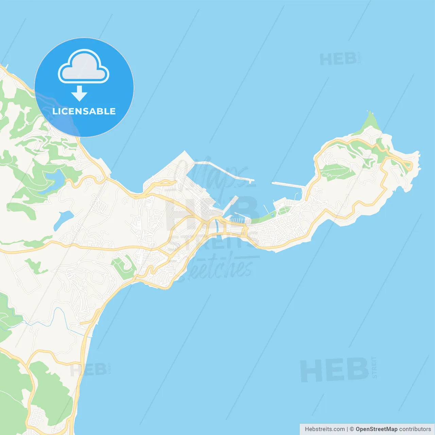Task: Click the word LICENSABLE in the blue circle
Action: coord(84,111)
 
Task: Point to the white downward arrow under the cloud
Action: coord(80,93)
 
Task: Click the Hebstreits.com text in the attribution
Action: coord(325,429)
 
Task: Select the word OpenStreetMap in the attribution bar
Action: coord(376,429)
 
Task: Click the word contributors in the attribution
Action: coord(415,429)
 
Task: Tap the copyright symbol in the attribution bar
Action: coord(352,429)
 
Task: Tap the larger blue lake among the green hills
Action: coord(54,182)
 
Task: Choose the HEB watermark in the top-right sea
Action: coord(338,59)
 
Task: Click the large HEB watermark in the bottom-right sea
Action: coord(335,370)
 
